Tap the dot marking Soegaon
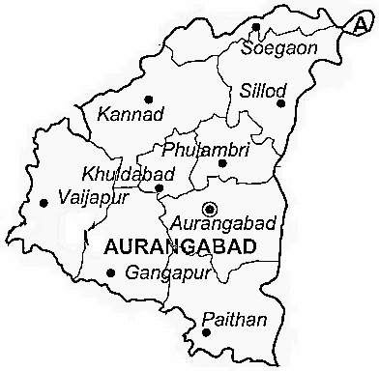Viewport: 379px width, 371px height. pos(256,27)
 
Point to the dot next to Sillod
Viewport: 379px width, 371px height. pos(281,102)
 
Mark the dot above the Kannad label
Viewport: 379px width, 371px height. pos(148,98)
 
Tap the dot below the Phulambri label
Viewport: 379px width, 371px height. pos(222,163)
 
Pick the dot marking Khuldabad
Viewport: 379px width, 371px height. pos(160,187)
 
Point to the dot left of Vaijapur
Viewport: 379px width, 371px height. pos(44,203)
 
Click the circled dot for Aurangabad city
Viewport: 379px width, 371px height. pos(210,208)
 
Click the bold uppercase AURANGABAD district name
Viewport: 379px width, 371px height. pos(178,247)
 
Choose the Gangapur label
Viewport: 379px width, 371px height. pos(166,273)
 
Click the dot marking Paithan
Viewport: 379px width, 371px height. pos(206,333)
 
